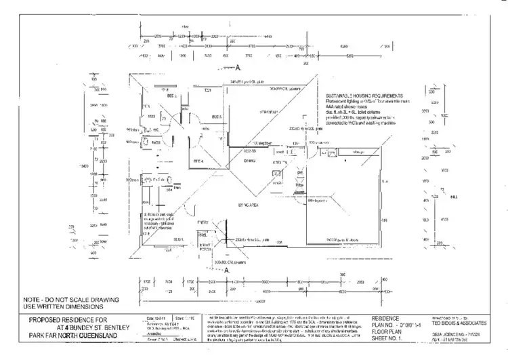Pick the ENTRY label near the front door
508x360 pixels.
(x=202, y=222)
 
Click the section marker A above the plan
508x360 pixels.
(x=238, y=68)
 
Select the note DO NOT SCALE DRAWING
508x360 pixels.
(x=71, y=298)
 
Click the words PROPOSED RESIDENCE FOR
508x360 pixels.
(x=68, y=319)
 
